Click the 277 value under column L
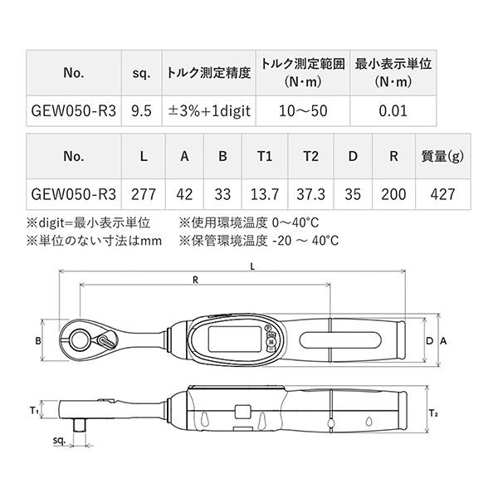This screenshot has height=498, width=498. tap(144, 193)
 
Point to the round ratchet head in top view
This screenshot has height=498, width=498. tap(83, 339)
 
